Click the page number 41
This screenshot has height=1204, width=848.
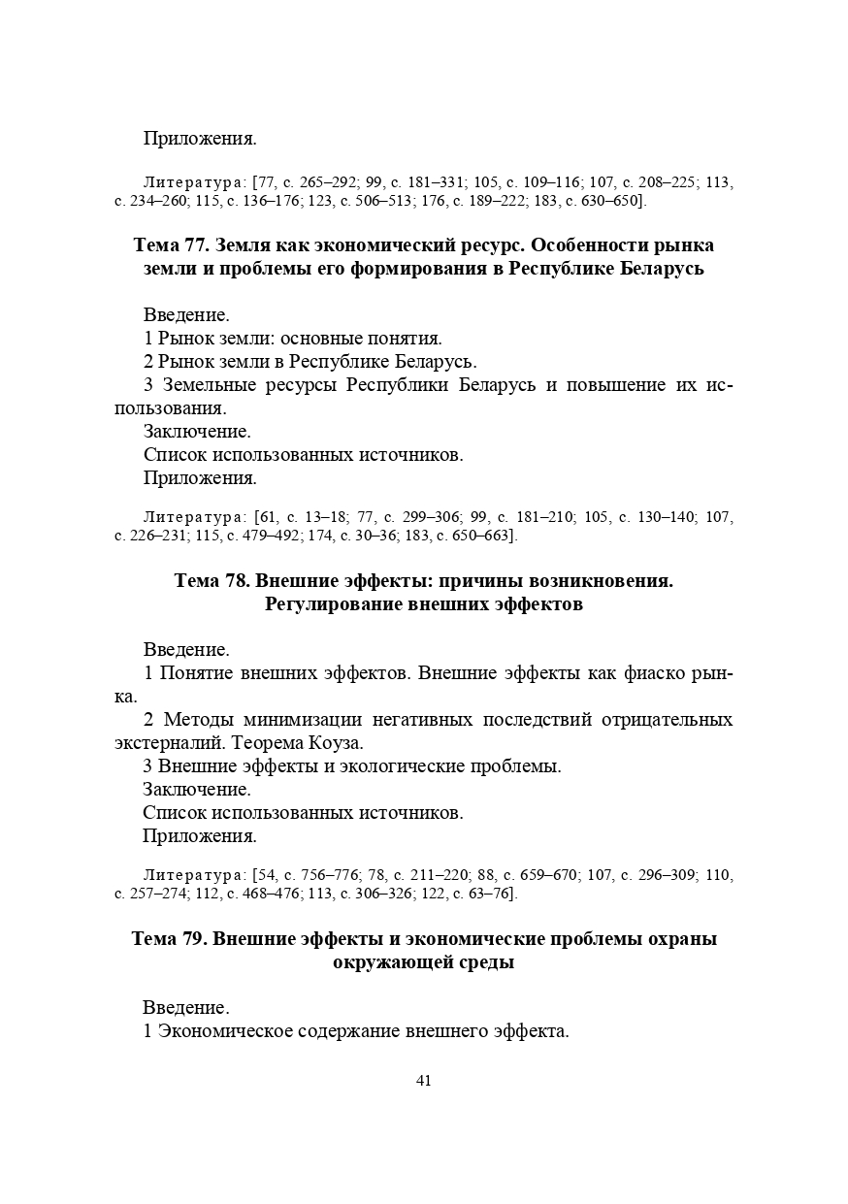423,1082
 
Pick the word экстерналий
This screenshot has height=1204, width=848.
160,743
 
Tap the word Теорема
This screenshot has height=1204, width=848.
265,743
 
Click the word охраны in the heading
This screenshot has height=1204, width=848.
681,939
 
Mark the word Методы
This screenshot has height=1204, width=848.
200,720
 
